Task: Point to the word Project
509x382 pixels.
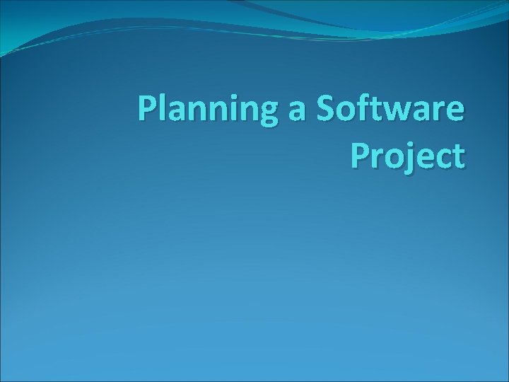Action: click(408, 156)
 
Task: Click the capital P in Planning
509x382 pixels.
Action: click(147, 110)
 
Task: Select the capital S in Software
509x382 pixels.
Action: click(327, 110)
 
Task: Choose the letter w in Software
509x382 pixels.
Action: click(399, 112)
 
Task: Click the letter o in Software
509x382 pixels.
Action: click(347, 112)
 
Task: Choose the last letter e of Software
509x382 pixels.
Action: click(455, 112)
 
